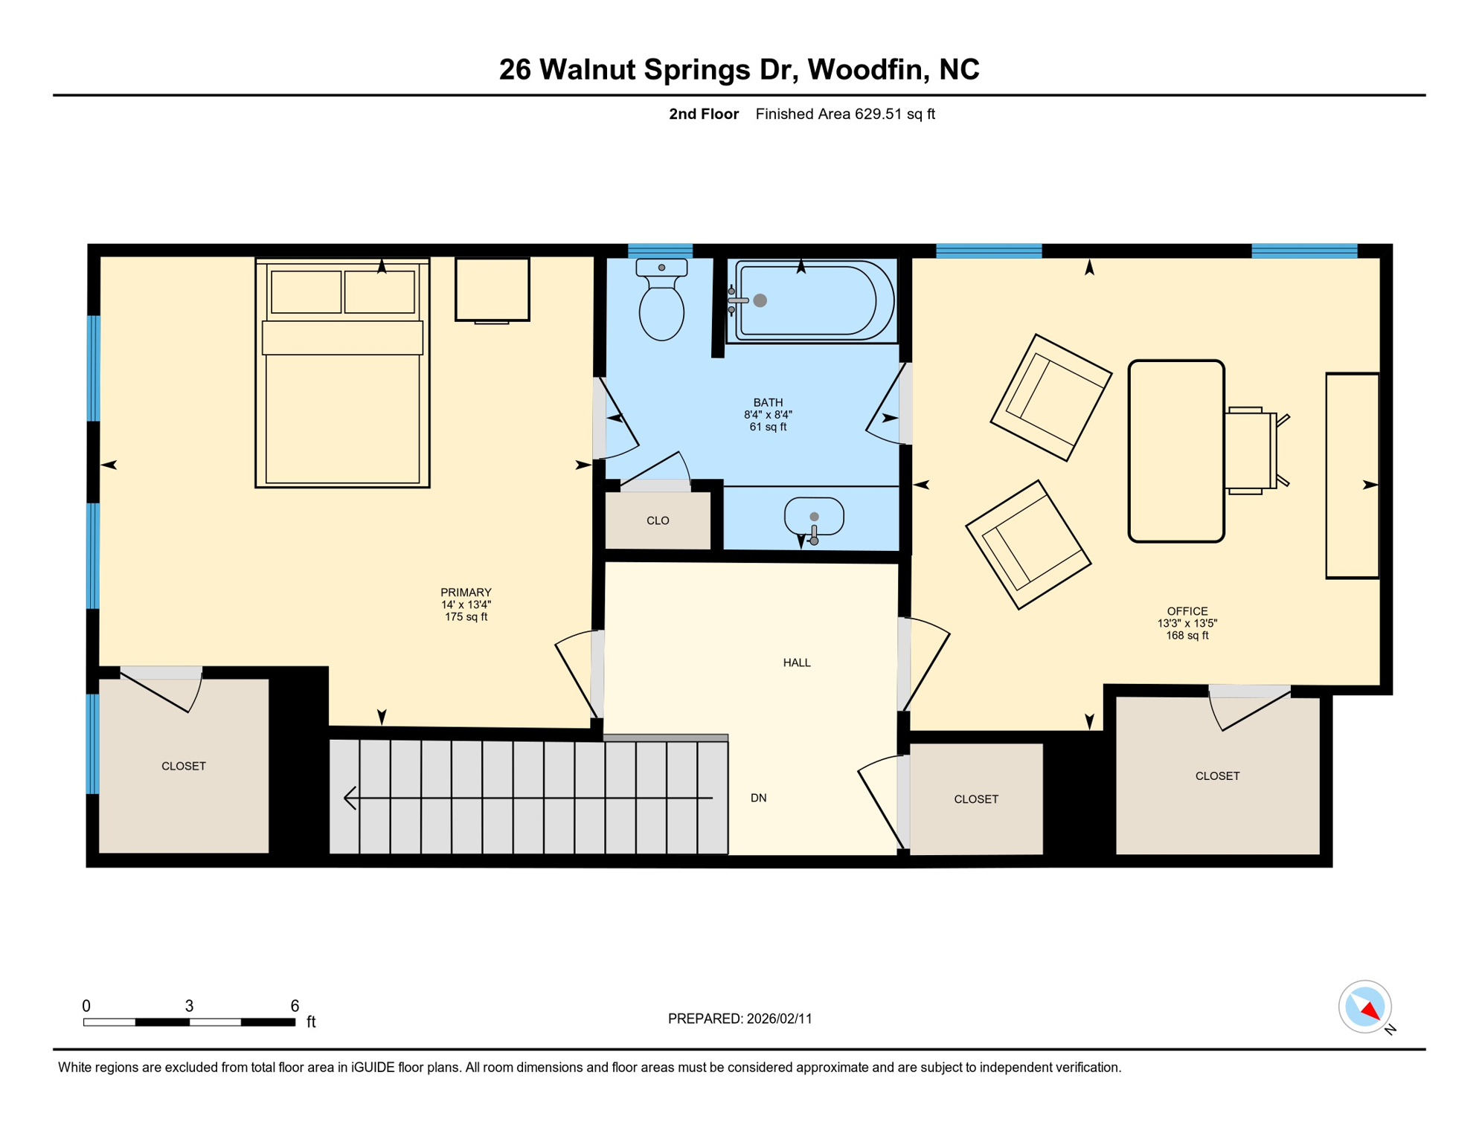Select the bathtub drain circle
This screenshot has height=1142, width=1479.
click(x=760, y=300)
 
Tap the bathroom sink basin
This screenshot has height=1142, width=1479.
click(x=814, y=515)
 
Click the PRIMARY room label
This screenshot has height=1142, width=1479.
click(x=466, y=593)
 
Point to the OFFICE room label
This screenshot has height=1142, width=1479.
click(x=1187, y=611)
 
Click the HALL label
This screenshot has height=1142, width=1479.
click(x=796, y=662)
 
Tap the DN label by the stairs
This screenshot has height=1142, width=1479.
click(x=758, y=798)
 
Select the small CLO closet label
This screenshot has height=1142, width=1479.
click(x=658, y=520)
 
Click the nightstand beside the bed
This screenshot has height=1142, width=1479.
click(x=492, y=289)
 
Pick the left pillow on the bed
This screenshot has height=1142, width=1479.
click(x=306, y=291)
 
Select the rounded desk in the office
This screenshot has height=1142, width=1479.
click(x=1175, y=451)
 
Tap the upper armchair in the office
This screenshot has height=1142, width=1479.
click(x=1050, y=398)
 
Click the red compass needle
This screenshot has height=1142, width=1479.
click(x=1370, y=1011)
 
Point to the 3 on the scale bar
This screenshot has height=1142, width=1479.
click(x=189, y=1006)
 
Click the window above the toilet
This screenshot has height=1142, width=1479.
click(x=660, y=251)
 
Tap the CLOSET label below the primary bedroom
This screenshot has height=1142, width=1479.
click(x=183, y=766)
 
